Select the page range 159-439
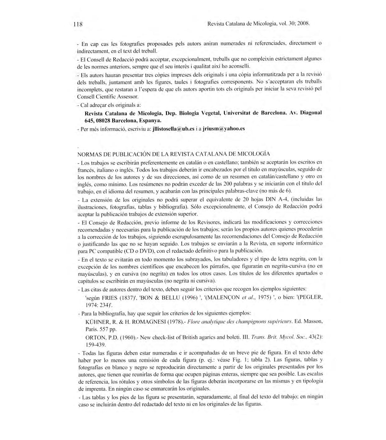95,345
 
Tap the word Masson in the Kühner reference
313,321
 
